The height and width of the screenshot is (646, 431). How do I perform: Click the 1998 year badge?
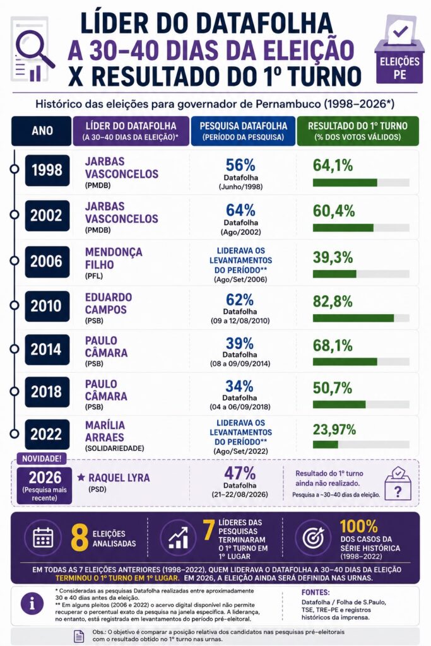click(47, 170)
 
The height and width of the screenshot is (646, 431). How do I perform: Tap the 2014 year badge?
click(47, 349)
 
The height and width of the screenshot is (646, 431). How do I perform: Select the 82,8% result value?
click(333, 301)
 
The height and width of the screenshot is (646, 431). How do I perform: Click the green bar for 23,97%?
click(325, 445)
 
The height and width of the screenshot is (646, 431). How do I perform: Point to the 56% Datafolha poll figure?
click(240, 165)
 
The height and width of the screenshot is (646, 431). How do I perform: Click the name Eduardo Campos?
click(109, 303)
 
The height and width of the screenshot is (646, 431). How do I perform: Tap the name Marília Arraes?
click(105, 431)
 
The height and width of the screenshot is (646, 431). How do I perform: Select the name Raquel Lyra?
click(119, 478)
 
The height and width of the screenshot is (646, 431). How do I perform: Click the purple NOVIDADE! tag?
click(42, 459)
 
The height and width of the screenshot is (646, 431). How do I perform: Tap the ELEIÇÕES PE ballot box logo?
click(399, 49)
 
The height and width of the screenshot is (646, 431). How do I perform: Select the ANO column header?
click(42, 131)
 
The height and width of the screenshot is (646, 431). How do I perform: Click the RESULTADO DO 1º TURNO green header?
click(358, 131)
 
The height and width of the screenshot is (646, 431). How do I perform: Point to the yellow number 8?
click(79, 537)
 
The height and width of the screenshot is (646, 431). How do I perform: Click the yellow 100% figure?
click(358, 527)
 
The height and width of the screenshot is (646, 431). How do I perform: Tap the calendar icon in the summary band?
click(44, 537)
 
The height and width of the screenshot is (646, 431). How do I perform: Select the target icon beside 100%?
click(313, 537)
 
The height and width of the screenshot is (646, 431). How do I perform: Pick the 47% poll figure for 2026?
click(240, 473)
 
